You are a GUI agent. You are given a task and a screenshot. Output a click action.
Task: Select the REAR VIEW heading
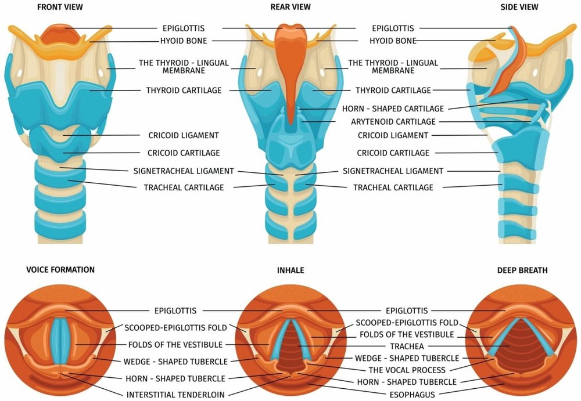coord(290,7)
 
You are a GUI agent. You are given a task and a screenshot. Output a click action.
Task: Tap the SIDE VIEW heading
coord(519,7)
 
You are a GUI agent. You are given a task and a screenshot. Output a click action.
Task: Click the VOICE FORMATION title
coord(60,270)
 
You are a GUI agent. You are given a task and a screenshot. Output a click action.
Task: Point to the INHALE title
coord(290,270)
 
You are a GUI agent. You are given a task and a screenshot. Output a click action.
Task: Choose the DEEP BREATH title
coord(522,270)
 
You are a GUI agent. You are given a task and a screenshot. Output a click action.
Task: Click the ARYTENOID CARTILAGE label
coord(393,122)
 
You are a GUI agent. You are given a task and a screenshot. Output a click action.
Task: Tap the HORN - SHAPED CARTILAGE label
coord(393,109)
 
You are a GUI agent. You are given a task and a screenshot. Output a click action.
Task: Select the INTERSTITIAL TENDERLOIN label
coord(175,395)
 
